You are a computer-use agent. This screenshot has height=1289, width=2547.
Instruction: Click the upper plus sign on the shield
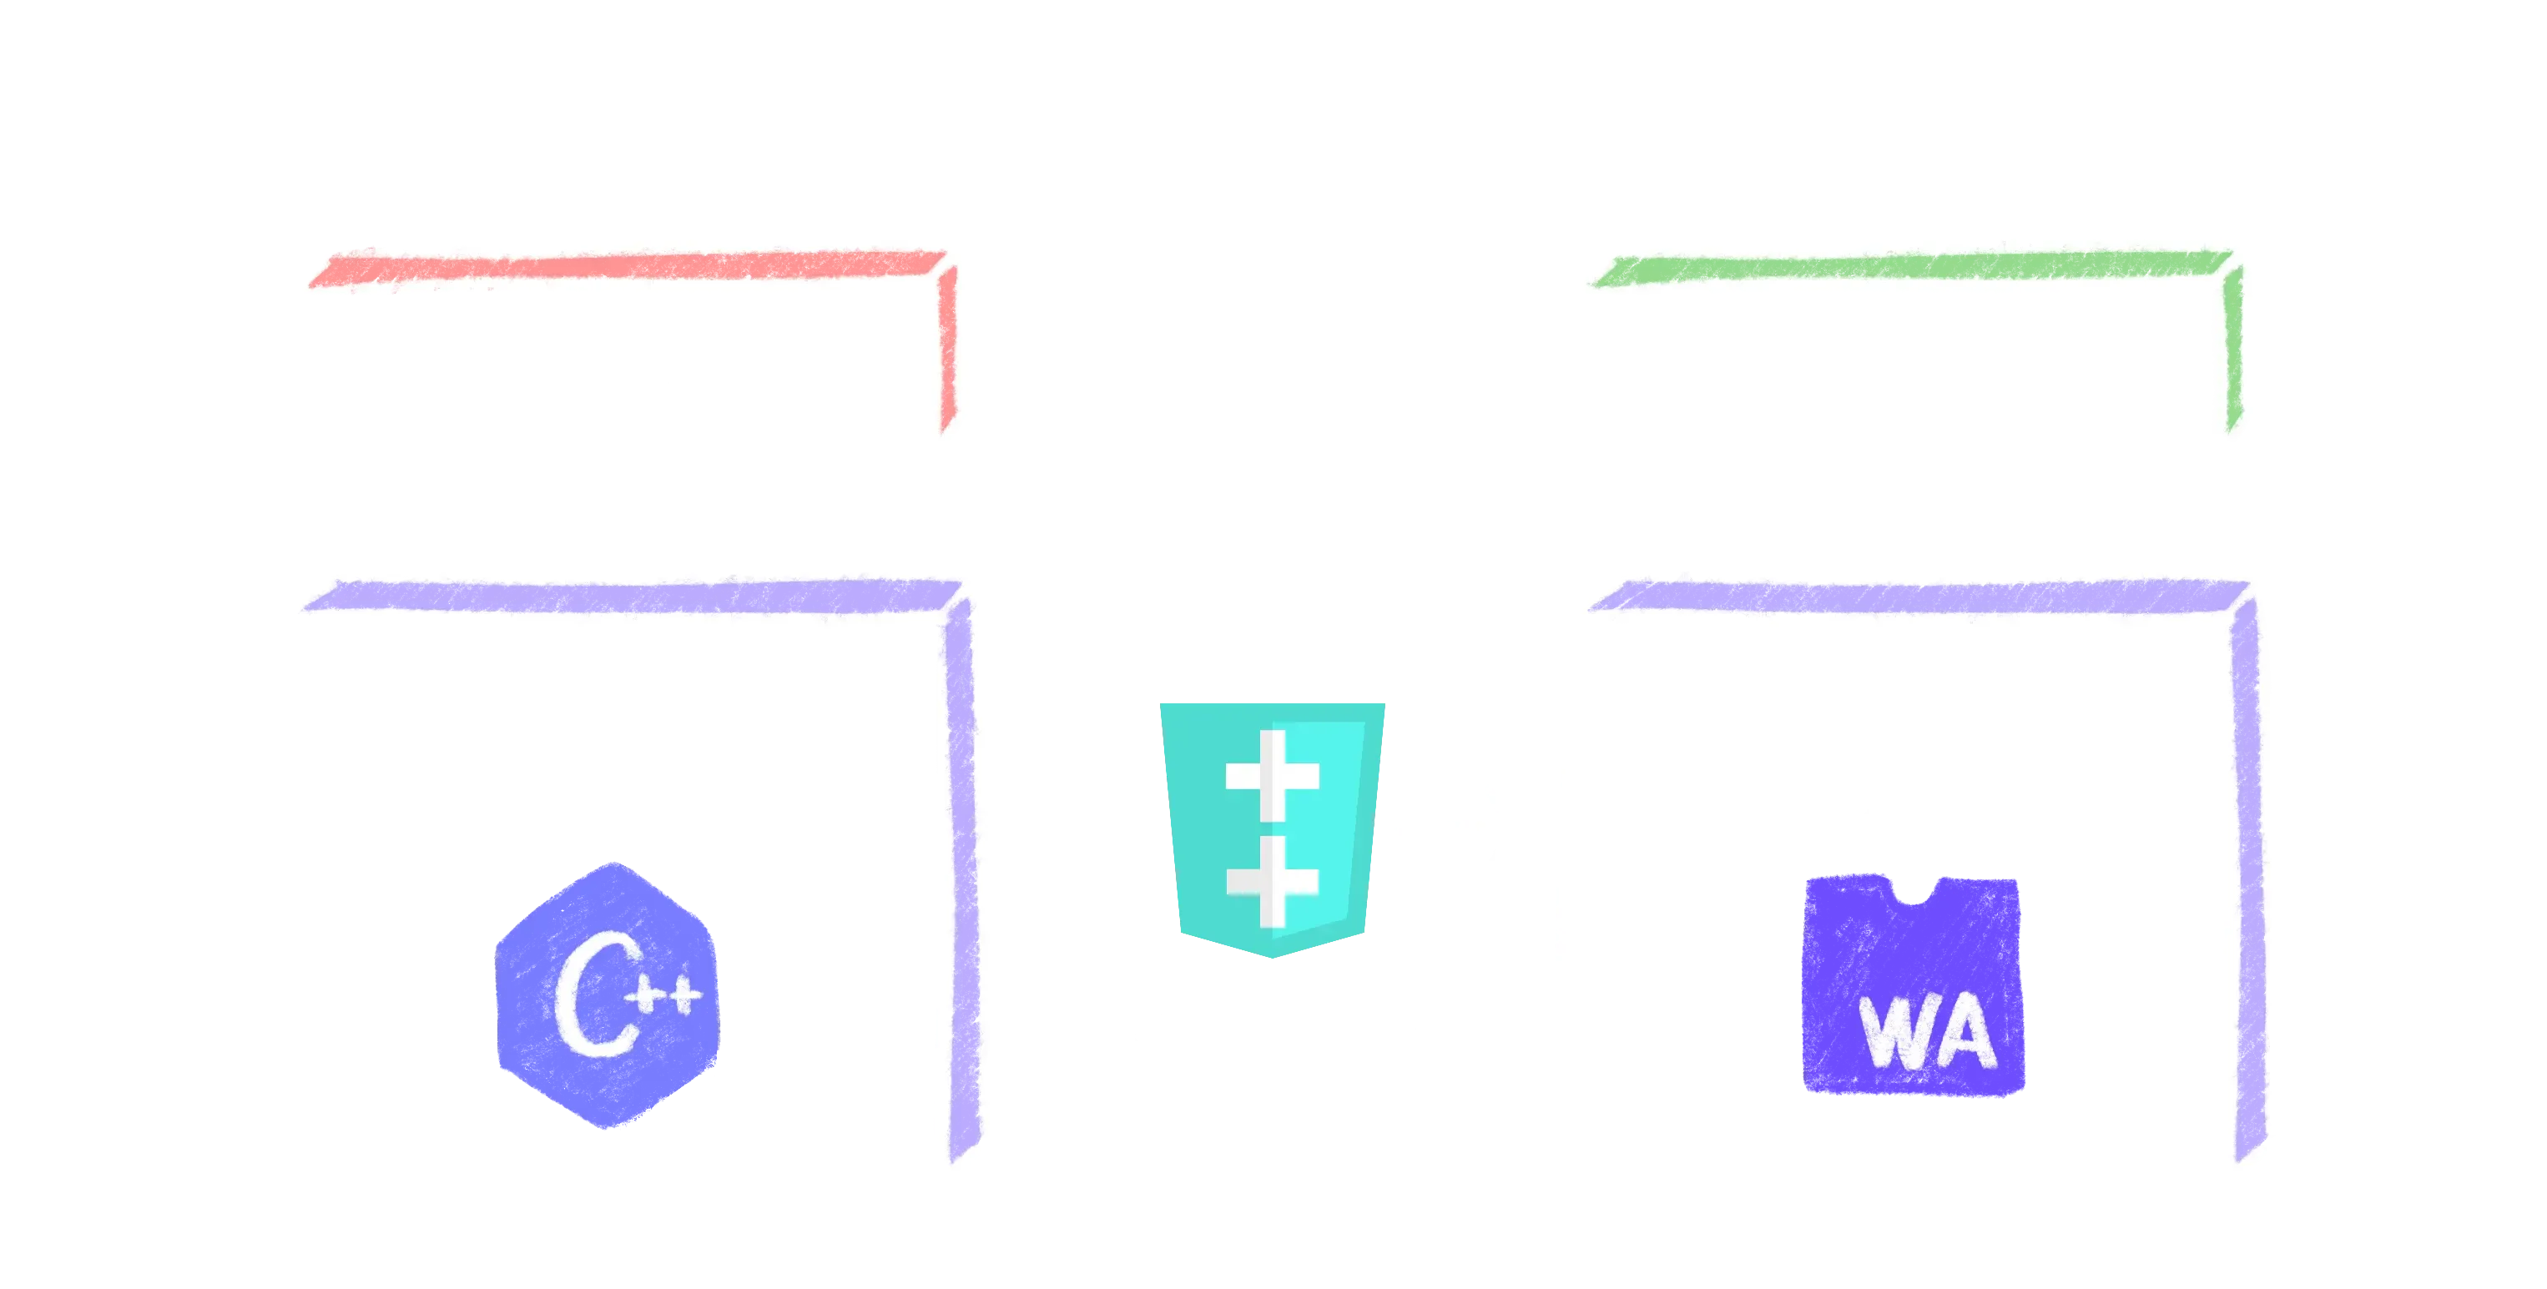[1273, 775]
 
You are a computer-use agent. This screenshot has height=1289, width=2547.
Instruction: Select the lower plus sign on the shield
[1273, 879]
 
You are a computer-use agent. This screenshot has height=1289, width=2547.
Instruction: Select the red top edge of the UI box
[623, 269]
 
